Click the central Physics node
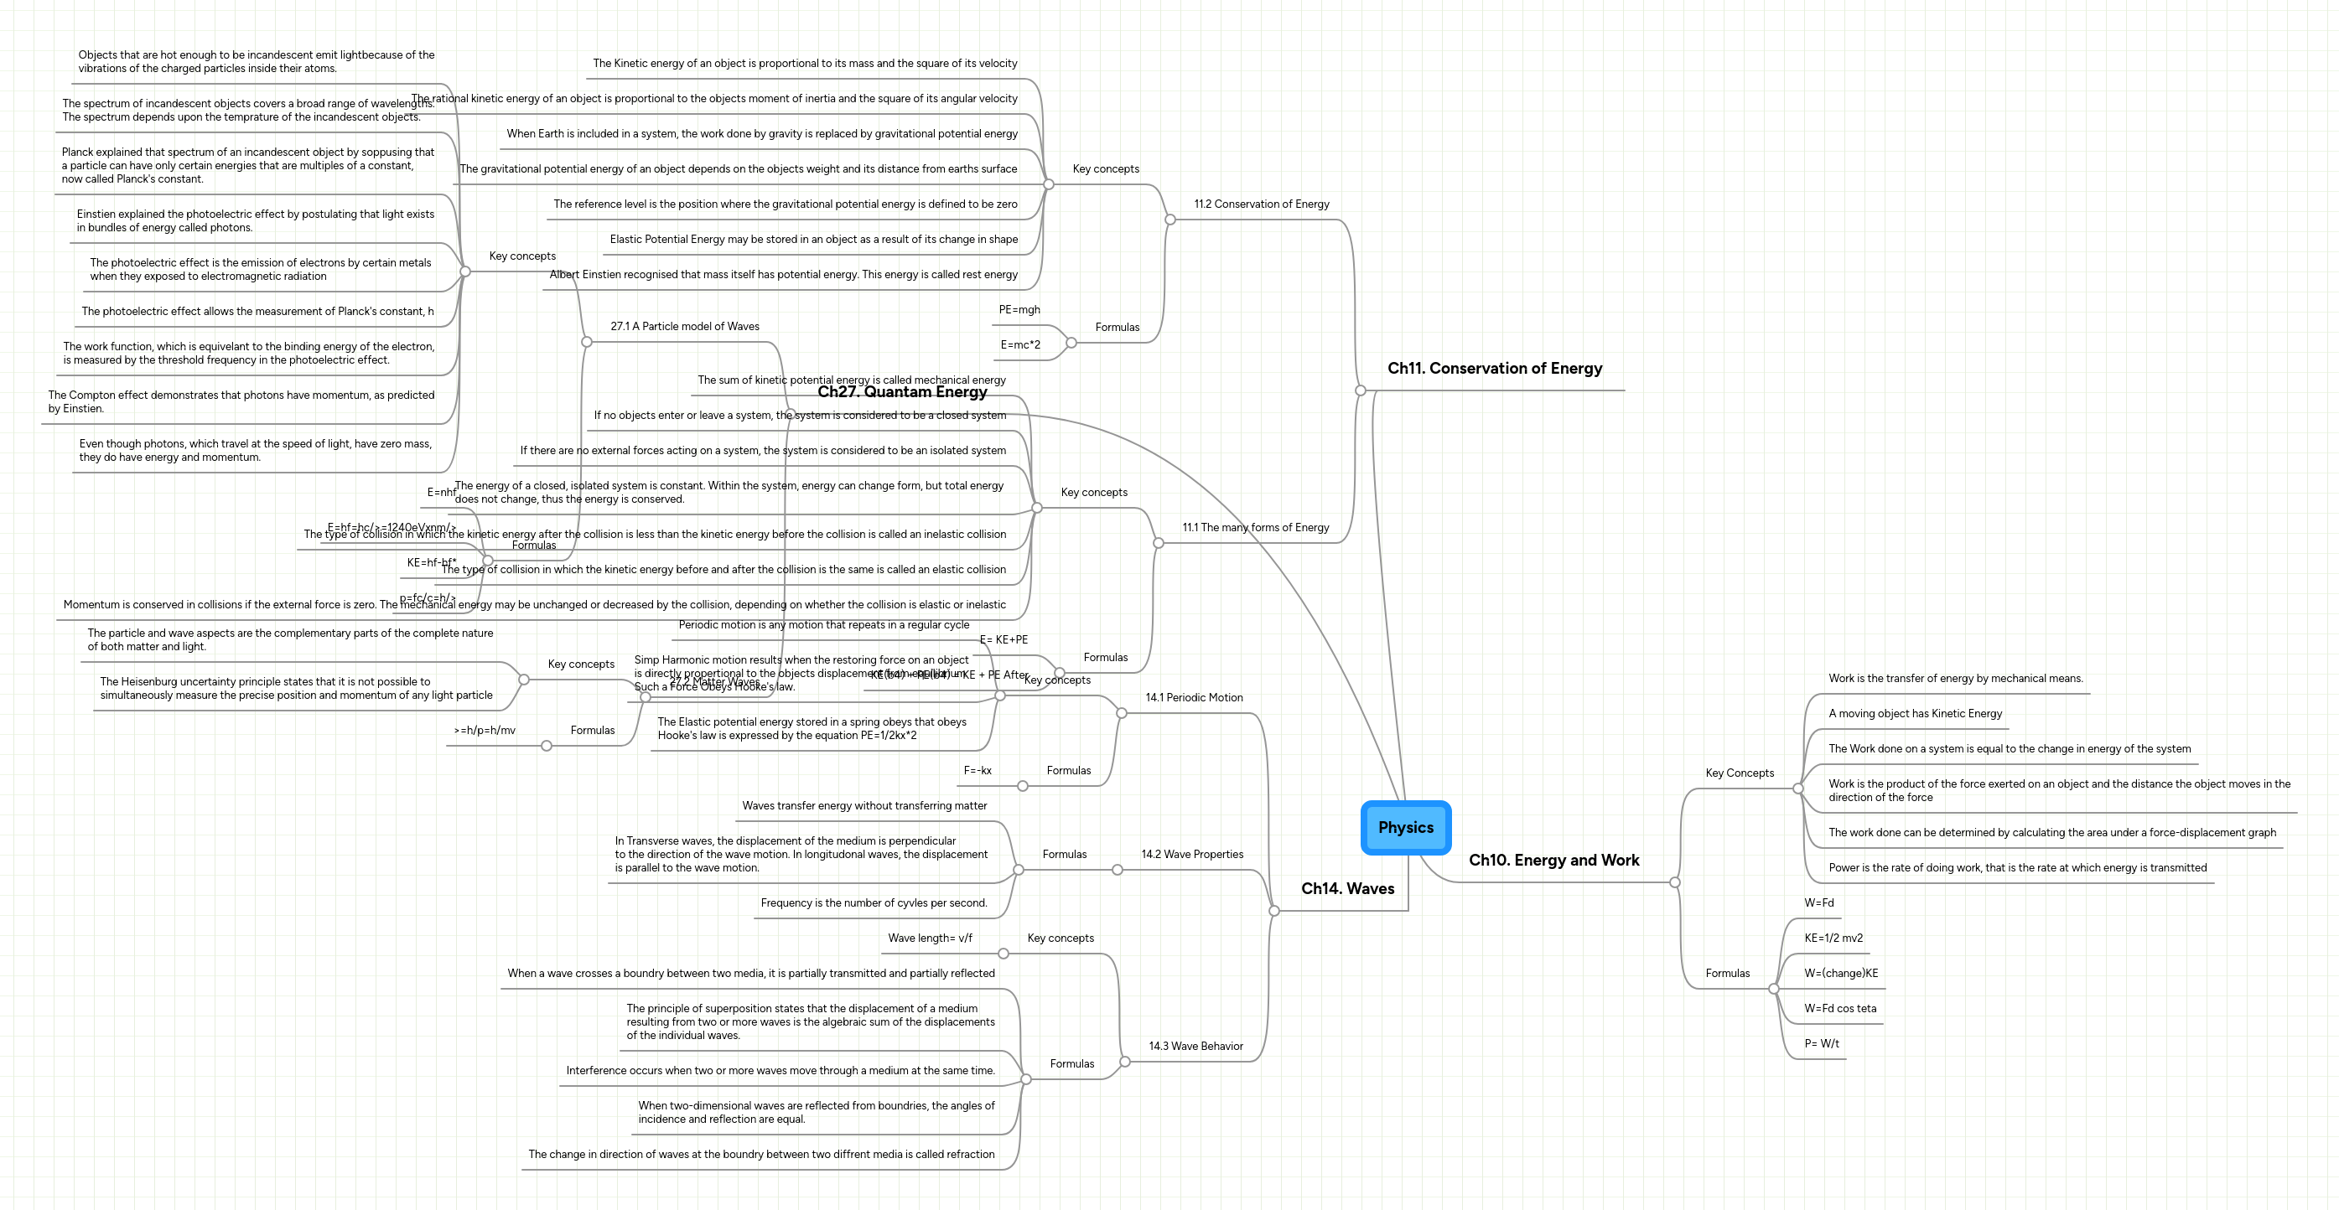click(x=1406, y=827)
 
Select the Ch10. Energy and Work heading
click(x=1553, y=860)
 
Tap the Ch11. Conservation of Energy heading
click(x=1495, y=368)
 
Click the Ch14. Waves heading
click(x=1347, y=887)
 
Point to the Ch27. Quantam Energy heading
click(x=901, y=391)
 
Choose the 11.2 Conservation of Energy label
click(x=1261, y=204)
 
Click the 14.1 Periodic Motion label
click(x=1194, y=697)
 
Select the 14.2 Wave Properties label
click(x=1192, y=854)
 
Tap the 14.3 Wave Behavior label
click(x=1195, y=1046)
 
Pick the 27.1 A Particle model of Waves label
click(x=685, y=326)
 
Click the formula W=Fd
click(x=1818, y=902)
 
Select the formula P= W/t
click(x=1822, y=1043)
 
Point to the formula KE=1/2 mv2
click(x=1833, y=938)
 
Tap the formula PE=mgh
click(x=1019, y=309)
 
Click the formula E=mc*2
click(x=1020, y=344)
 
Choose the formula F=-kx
click(x=977, y=770)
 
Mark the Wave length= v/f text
click(x=930, y=938)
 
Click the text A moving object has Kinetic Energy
click(x=1915, y=713)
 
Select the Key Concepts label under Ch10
click(x=1739, y=773)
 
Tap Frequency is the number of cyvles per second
click(x=874, y=902)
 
